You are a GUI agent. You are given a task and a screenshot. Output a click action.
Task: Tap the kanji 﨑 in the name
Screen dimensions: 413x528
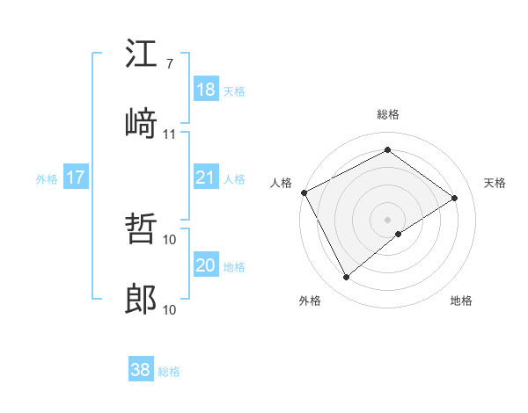coord(141,124)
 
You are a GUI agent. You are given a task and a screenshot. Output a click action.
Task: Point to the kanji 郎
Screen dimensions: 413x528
coord(141,300)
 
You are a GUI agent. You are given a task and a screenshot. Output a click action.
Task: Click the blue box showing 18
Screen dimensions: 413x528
coord(206,90)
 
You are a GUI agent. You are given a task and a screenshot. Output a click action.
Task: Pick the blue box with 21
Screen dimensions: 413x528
coord(206,178)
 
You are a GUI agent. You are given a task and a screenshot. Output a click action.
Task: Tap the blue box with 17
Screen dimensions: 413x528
coord(76,178)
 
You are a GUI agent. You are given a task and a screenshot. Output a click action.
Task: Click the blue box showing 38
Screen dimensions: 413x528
coord(141,370)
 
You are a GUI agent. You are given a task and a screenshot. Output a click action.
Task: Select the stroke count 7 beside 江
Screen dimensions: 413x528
coord(169,63)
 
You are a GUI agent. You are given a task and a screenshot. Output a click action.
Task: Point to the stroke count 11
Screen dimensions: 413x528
coord(170,134)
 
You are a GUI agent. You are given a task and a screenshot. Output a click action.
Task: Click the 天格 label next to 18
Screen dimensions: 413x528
coord(234,91)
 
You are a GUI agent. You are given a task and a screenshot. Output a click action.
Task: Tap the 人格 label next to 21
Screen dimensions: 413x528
coord(234,179)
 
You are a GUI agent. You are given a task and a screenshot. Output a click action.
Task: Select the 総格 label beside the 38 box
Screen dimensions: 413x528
coord(169,372)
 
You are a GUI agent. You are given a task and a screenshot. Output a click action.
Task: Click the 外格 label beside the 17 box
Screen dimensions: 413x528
coord(47,179)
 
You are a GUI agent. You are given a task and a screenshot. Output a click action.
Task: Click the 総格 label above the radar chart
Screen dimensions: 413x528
coord(388,114)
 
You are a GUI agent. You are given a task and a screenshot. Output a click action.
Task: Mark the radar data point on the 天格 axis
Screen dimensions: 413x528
coord(455,198)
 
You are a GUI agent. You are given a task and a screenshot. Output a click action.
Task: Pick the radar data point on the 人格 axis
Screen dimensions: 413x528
coord(304,192)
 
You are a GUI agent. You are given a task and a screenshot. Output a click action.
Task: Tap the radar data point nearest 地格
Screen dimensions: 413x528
coord(399,234)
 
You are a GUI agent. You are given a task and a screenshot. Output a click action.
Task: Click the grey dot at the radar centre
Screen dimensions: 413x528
coord(388,219)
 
